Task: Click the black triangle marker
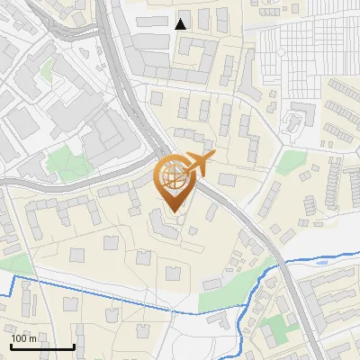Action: click(x=181, y=24)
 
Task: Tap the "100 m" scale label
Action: click(x=23, y=338)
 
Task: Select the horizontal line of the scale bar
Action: click(x=42, y=346)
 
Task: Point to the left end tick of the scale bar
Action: click(x=11, y=345)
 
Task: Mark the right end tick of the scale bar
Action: click(x=74, y=345)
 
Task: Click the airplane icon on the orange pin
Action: click(x=200, y=163)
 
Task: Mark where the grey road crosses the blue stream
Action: click(x=284, y=263)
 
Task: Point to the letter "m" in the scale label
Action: click(x=32, y=338)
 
